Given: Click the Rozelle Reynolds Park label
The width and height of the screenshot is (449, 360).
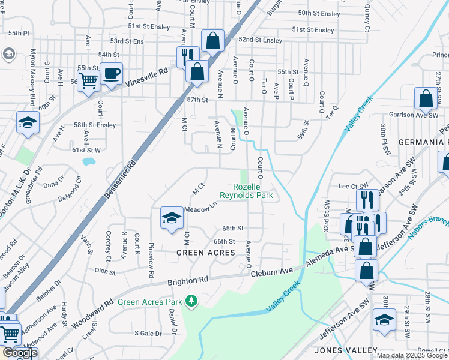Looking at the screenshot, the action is click(x=246, y=191).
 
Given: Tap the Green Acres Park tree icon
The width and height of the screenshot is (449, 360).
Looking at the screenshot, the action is click(x=191, y=300).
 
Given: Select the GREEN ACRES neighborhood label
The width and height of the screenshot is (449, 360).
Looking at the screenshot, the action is click(x=205, y=253).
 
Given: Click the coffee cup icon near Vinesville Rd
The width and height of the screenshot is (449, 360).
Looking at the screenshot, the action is click(x=111, y=74).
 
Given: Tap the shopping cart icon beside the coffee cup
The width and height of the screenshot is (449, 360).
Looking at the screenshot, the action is click(x=89, y=80).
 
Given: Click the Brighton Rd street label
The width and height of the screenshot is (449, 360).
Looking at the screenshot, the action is click(x=187, y=280).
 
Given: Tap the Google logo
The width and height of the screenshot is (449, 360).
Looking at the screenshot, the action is click(x=19, y=353).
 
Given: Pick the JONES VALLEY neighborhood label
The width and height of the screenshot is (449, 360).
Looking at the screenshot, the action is click(x=345, y=350).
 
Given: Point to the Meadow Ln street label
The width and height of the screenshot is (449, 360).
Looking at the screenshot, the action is click(x=200, y=209).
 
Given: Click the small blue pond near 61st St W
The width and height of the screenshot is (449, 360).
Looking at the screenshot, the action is click(x=89, y=161).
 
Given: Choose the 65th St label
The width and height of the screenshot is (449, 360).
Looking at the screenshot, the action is click(x=232, y=229).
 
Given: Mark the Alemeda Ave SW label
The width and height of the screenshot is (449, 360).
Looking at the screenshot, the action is click(x=327, y=256).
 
